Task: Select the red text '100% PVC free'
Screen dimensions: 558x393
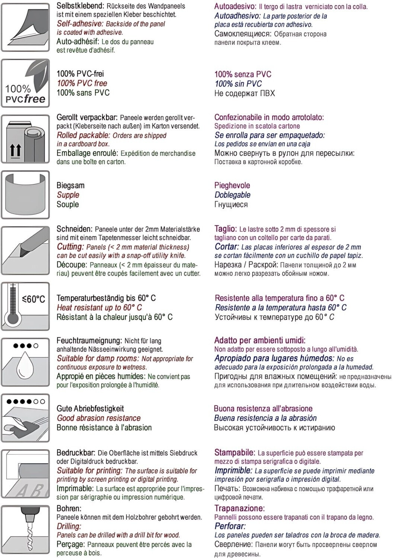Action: [x=82, y=83]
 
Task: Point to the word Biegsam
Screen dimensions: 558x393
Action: [x=70, y=185]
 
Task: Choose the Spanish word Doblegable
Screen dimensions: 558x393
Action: [x=232, y=195]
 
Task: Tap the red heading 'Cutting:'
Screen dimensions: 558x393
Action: [x=70, y=247]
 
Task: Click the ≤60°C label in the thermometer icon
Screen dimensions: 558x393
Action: [x=33, y=299]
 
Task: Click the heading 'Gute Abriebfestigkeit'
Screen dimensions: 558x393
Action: [x=90, y=408]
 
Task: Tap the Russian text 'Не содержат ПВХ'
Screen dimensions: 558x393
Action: [x=244, y=93]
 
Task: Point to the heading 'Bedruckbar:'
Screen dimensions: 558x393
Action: [x=76, y=453]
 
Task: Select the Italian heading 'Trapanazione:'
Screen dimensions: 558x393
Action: [x=239, y=508]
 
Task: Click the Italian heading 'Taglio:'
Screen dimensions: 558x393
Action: [x=225, y=229]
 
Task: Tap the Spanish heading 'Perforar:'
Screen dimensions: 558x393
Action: [x=230, y=526]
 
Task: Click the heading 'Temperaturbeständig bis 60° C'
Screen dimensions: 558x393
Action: [x=106, y=298]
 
